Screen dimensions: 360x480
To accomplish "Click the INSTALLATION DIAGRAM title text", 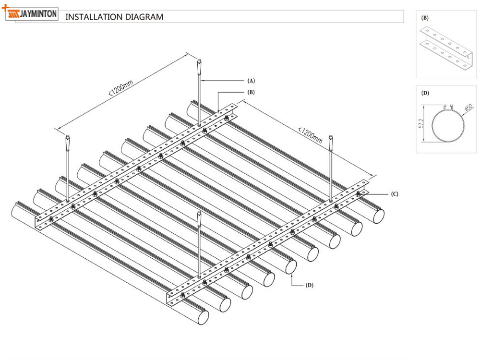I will coord(114,17).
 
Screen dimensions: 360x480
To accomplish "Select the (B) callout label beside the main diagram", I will coord(251,92).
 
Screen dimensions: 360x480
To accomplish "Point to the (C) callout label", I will coord(395,194).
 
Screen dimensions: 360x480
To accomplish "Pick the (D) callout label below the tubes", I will coord(310,285).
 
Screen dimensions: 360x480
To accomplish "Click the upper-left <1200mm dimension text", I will coord(120,86).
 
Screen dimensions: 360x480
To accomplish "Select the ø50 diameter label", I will coord(468,109).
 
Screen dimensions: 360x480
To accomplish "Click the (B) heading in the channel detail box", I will coord(425,18).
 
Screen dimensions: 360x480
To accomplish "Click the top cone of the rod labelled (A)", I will coord(199,64).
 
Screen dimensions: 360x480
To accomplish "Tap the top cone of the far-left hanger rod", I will coord(67,142).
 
